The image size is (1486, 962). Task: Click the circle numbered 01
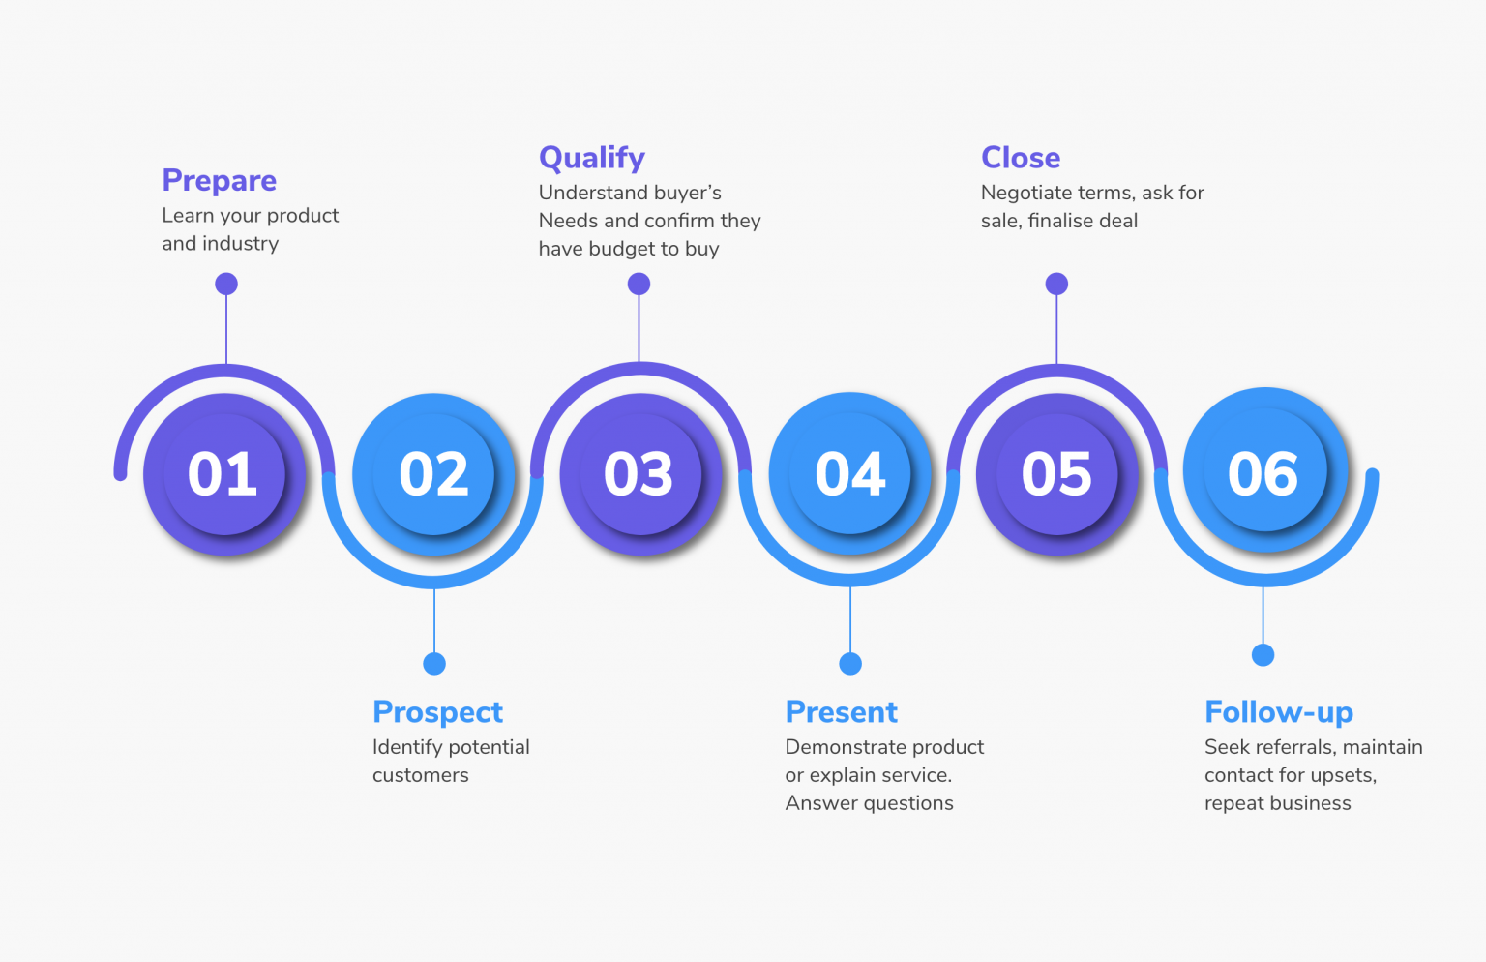point(223,474)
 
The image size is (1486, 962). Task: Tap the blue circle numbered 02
point(433,474)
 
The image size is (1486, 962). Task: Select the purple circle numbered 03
point(639,474)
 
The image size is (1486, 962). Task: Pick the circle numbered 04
point(849,474)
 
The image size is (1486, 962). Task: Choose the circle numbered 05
point(1056,474)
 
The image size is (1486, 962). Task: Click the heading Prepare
point(220,181)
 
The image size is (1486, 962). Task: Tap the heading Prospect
point(437,712)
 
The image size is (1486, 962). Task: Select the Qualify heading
point(591,158)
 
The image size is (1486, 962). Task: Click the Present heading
point(841,712)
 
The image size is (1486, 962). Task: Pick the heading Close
point(1021,158)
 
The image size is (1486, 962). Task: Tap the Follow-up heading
point(1278,712)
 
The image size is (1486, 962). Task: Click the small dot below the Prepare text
point(226,284)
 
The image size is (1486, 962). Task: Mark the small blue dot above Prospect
point(434,664)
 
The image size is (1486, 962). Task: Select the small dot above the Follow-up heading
point(1263,655)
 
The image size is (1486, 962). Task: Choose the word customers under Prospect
point(420,775)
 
